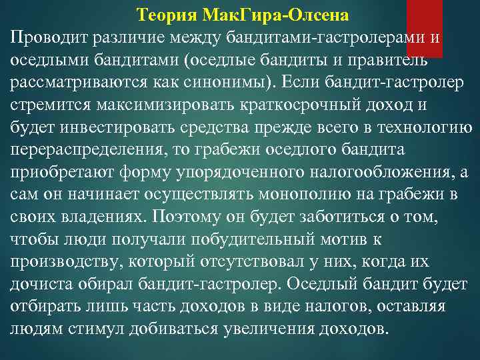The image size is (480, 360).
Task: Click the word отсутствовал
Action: click(255, 263)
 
